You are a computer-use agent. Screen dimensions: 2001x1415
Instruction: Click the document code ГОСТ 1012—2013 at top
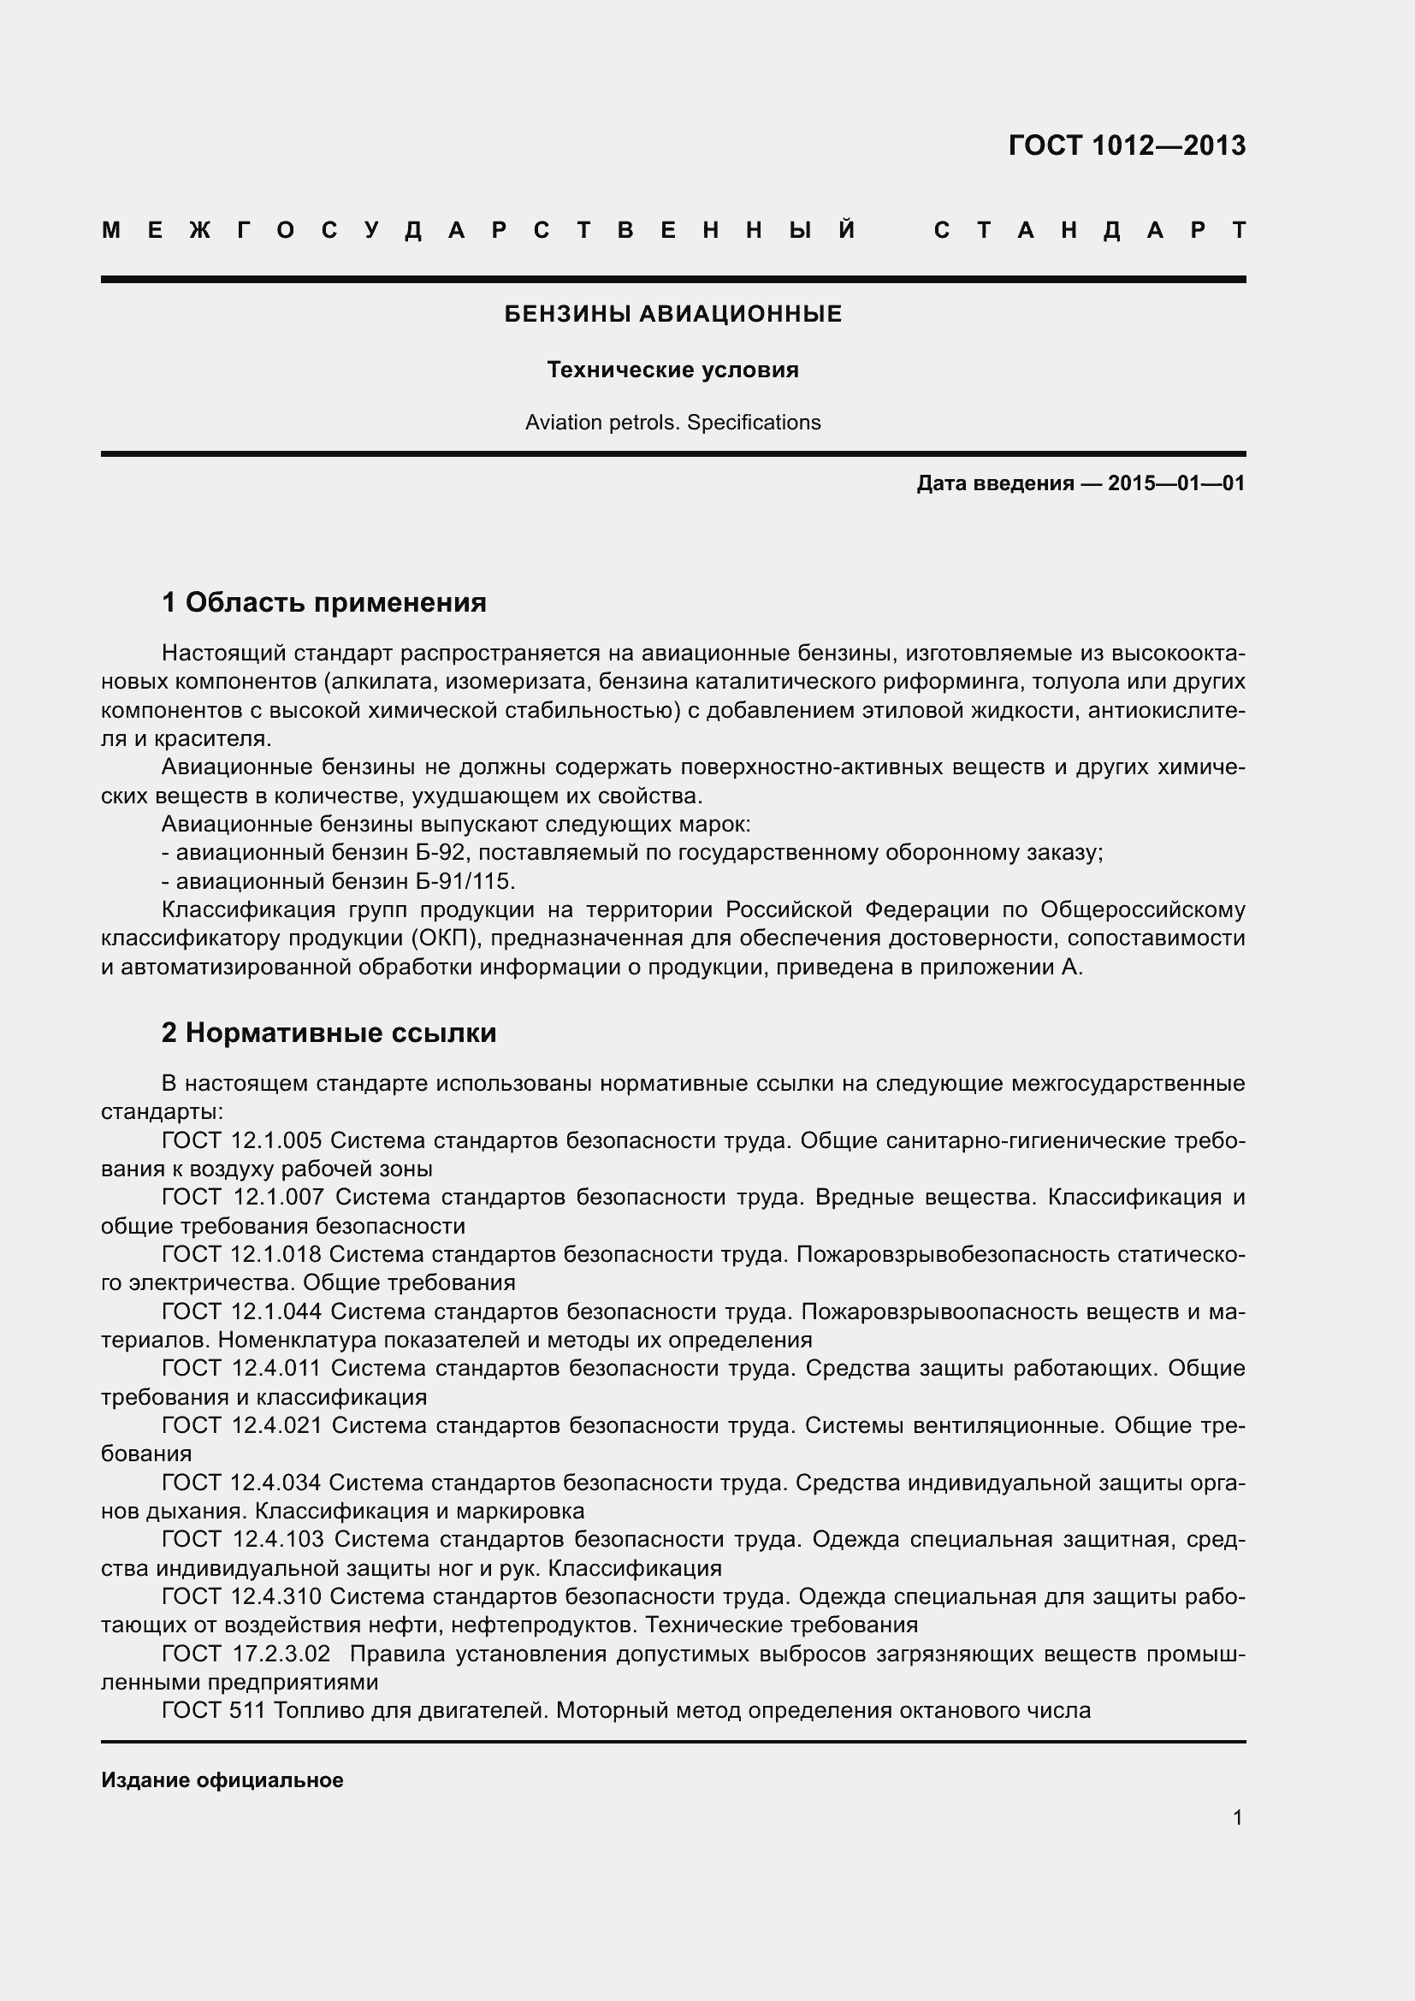(1127, 145)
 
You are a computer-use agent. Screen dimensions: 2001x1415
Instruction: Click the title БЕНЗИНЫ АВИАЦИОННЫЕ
(672, 314)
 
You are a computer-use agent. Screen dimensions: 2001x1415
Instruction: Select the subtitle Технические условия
(672, 370)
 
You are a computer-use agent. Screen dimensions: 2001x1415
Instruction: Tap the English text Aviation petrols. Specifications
(672, 423)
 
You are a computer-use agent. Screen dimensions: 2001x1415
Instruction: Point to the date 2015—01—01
(1176, 482)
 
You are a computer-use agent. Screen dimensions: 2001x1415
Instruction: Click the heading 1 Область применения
(324, 602)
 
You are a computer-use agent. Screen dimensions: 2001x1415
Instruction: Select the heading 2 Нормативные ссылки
(329, 1033)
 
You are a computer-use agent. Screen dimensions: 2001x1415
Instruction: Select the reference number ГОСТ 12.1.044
(242, 1311)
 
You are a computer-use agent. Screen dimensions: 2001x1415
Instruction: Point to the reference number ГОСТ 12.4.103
(243, 1540)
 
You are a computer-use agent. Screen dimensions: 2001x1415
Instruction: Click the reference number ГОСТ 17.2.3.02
(246, 1655)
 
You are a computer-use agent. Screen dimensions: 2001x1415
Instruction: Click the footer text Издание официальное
(222, 1780)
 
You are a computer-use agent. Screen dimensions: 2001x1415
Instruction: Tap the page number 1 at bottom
(1237, 1818)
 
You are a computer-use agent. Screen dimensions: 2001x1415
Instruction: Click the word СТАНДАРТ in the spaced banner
(1089, 231)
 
